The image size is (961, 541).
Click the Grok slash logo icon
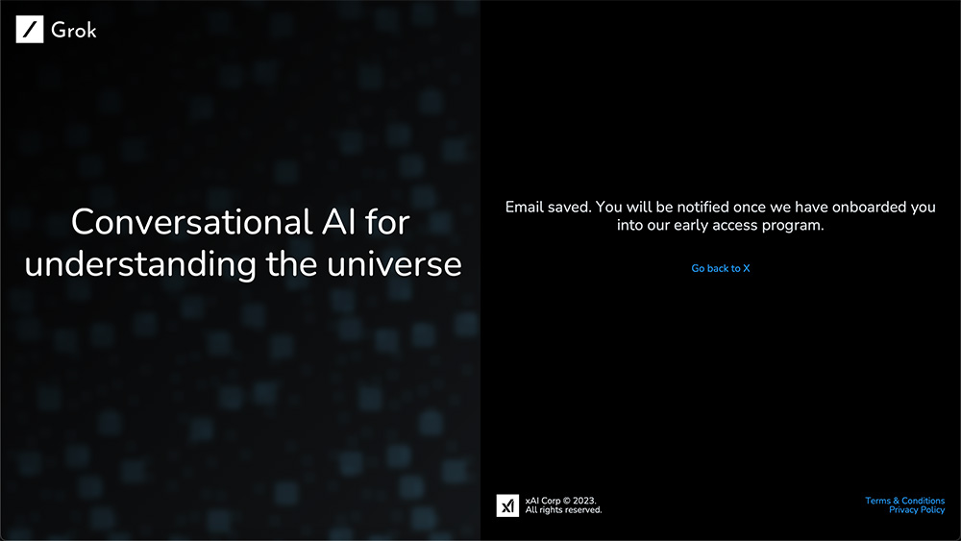(x=30, y=30)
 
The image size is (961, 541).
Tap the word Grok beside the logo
(x=74, y=30)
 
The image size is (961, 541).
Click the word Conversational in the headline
(x=192, y=222)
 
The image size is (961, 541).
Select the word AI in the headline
(x=339, y=222)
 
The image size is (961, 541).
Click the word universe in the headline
(x=394, y=264)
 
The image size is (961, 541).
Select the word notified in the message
(x=702, y=208)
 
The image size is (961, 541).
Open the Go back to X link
(x=721, y=268)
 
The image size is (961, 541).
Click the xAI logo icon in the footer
(x=507, y=505)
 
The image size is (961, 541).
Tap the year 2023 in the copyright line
(x=584, y=501)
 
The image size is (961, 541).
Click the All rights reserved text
(x=563, y=509)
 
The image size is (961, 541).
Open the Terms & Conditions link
(x=904, y=501)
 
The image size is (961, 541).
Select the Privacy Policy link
(x=917, y=509)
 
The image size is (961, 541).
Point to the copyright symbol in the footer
(x=567, y=501)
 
